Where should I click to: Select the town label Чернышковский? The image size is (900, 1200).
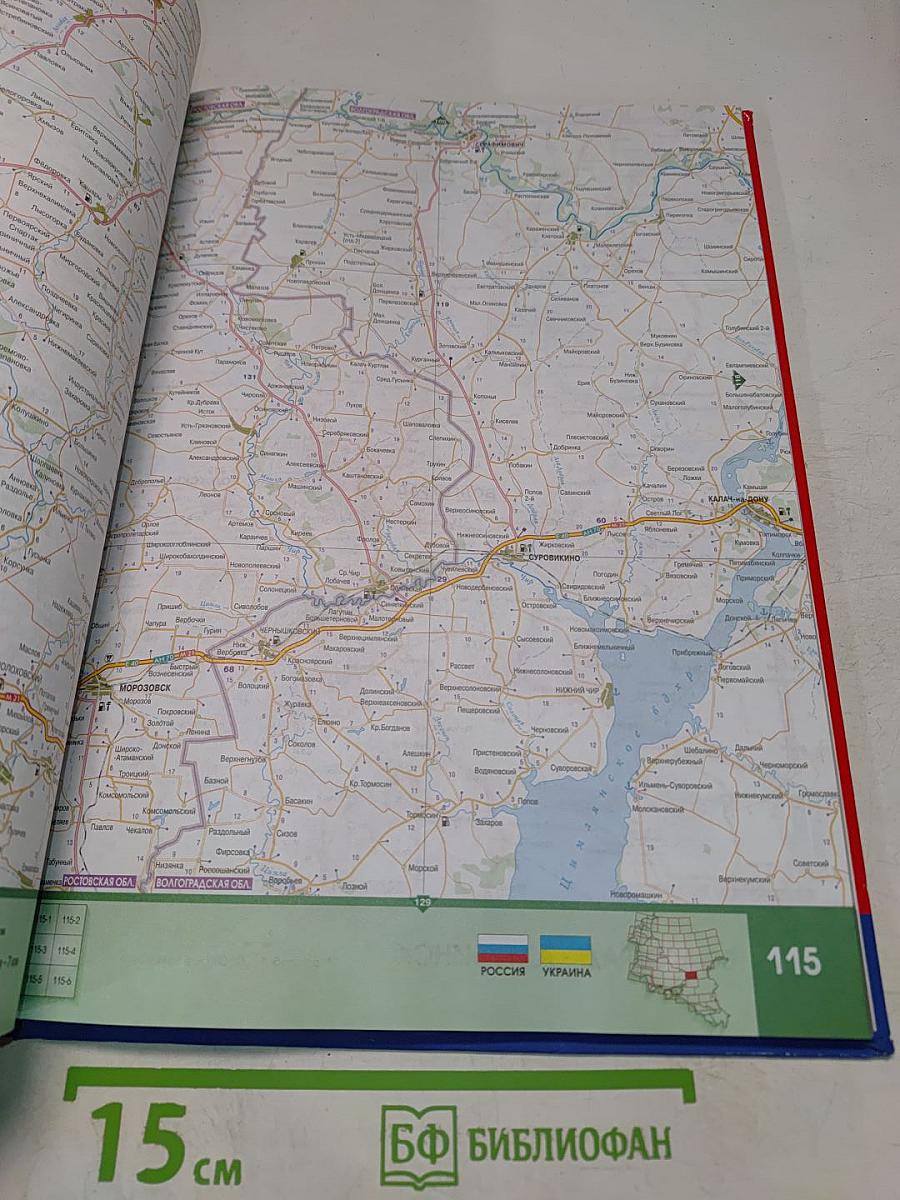[294, 633]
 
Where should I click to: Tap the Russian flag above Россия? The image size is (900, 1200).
[503, 948]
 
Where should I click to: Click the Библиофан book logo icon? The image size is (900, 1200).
[418, 1146]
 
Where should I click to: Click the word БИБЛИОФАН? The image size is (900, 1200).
[570, 1142]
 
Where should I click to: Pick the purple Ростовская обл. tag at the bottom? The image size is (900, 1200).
[99, 881]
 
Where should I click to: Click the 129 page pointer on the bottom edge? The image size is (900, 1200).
[424, 903]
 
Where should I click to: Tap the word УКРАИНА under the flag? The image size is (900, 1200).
[565, 972]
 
